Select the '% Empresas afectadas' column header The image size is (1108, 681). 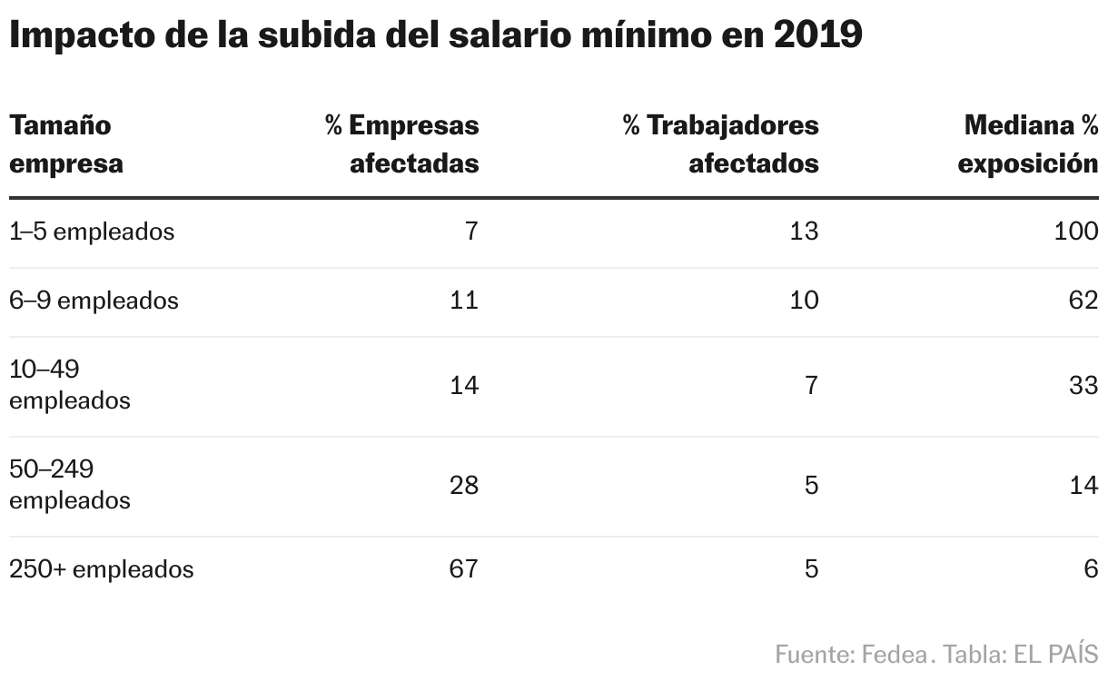coord(401,144)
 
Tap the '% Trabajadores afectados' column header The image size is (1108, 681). coord(720,144)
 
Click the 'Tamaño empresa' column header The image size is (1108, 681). coord(65,144)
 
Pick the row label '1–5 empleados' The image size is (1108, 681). coord(91,232)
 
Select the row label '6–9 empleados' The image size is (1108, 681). coord(94,301)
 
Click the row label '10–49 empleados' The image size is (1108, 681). coord(69,385)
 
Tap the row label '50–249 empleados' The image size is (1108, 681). coord(69,485)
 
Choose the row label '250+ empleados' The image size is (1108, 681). coord(101,569)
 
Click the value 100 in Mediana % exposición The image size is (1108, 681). coord(1076,232)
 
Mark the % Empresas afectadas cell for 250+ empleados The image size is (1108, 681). coord(463,569)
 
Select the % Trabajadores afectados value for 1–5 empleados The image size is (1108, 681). coord(804,232)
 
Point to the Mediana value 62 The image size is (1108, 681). coord(1084,301)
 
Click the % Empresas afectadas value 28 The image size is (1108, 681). coord(463,485)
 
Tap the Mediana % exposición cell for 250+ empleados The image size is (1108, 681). coord(1091,569)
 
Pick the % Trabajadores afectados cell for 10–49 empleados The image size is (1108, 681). coord(811,385)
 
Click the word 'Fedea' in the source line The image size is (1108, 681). coord(891,654)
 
